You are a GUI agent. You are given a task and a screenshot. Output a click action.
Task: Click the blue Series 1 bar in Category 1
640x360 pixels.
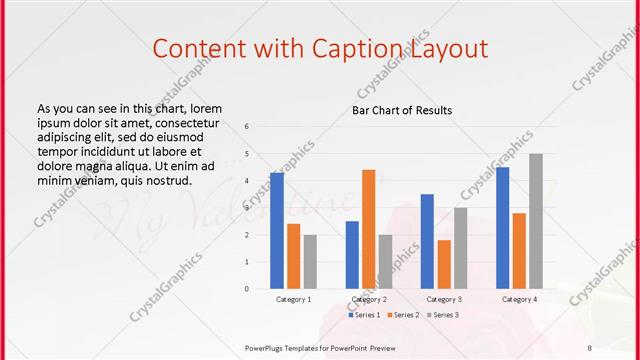point(277,230)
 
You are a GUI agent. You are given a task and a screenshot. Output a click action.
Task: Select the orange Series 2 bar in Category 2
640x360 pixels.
point(369,229)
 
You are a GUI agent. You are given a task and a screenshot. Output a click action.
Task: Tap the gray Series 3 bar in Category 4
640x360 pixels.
point(536,221)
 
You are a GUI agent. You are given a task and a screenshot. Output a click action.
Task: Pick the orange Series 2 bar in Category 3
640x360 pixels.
point(444,264)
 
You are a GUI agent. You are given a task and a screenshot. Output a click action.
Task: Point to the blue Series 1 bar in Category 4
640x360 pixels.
point(502,228)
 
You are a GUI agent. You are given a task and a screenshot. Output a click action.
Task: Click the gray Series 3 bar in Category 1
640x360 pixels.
point(310,261)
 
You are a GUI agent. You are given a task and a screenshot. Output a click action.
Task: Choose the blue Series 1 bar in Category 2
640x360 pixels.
point(352,254)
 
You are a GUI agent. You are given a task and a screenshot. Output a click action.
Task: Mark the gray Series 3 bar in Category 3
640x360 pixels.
point(460,248)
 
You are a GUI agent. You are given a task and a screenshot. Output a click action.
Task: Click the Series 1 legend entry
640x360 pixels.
point(362,315)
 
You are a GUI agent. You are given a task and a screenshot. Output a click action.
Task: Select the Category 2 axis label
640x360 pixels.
point(369,299)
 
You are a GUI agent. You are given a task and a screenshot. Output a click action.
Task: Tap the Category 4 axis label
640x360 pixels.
point(519,299)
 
